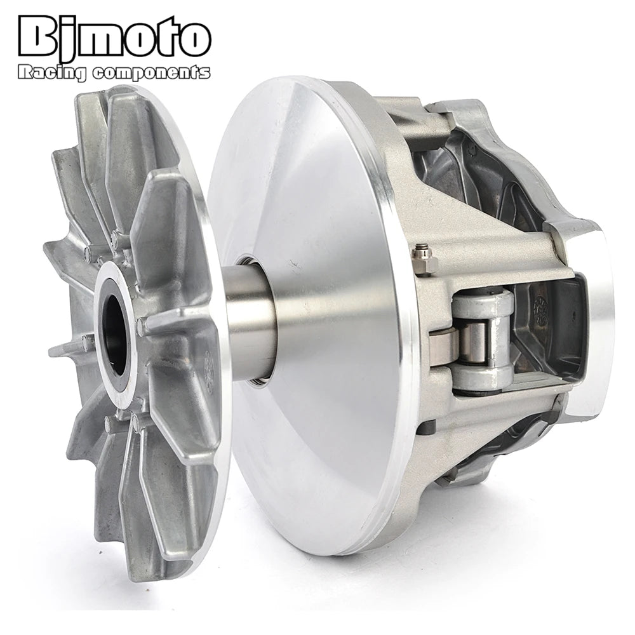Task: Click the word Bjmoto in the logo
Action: click(114, 37)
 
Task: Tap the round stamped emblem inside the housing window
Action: click(541, 311)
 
